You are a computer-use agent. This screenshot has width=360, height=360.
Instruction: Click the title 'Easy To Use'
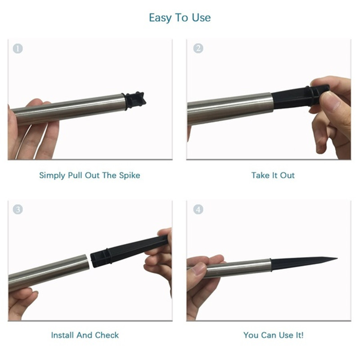[x=180, y=18]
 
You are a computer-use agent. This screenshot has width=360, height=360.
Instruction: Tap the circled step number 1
[x=18, y=49]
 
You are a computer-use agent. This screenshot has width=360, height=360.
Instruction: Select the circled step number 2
[x=198, y=49]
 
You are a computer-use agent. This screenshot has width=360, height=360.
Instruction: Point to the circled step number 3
[x=18, y=209]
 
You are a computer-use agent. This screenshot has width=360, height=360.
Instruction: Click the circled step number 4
[x=198, y=209]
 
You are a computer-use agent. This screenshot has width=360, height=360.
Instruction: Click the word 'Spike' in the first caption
[x=130, y=175]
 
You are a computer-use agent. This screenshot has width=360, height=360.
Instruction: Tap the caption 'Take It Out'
[x=273, y=175]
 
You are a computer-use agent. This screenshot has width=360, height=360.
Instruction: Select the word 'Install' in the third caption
[x=63, y=335]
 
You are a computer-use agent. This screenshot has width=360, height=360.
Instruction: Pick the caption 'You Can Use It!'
[x=274, y=335]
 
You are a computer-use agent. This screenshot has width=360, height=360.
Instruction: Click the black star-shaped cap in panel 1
[x=135, y=100]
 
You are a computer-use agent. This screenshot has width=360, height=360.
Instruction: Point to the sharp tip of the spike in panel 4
[x=337, y=258]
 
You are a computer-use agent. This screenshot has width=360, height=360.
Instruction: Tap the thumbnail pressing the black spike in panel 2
[x=329, y=100]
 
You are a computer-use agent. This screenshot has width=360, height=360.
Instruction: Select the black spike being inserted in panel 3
[x=129, y=251]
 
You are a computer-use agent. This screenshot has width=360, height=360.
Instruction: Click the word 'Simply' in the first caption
[x=52, y=175]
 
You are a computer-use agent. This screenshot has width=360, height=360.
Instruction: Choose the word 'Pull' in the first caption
[x=75, y=175]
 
